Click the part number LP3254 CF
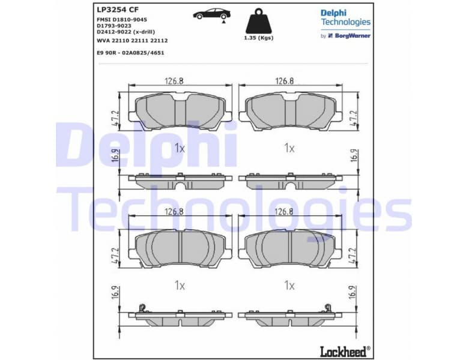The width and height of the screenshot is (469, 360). coord(117,10)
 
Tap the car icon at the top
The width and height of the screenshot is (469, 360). coord(211,14)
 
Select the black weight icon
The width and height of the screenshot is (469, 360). coord(258,20)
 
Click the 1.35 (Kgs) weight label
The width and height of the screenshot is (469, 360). coord(258,38)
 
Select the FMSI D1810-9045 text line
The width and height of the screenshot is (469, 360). coord(122,20)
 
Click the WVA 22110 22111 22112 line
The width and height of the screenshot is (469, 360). coord(132,40)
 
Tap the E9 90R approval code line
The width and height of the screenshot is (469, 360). coord(130,53)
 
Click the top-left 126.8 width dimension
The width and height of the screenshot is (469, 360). coord(175,82)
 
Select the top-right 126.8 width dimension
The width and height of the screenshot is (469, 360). coord(284,82)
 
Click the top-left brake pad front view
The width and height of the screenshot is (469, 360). coord(180,112)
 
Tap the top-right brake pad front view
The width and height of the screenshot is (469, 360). coord(290,112)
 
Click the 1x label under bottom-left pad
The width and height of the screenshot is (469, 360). coord(179,286)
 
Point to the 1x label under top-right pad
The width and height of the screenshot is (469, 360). coord(289,148)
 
